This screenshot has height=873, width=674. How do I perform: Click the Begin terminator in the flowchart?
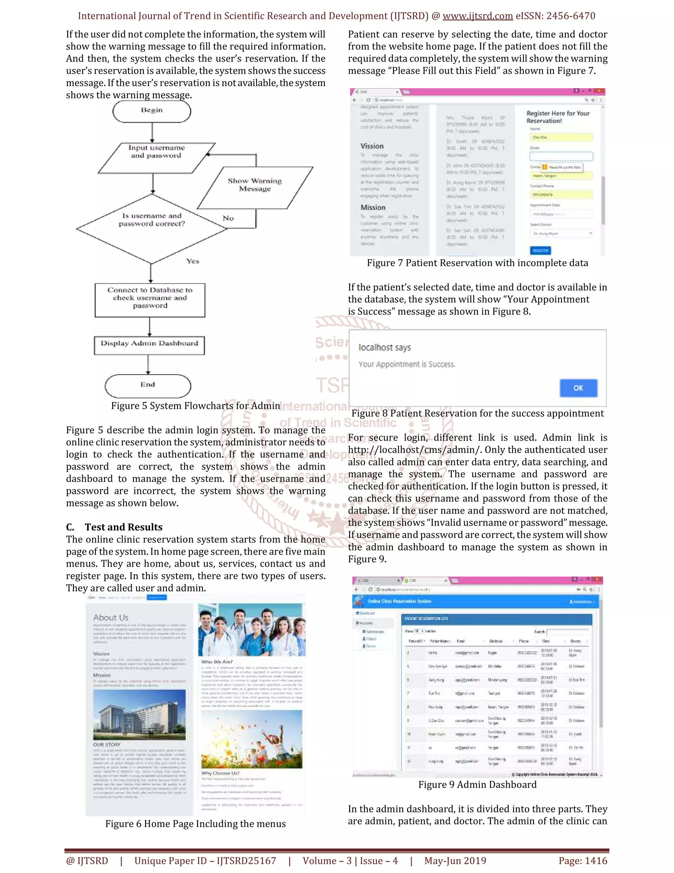click(x=152, y=111)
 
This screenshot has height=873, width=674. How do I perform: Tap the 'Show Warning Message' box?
click(x=255, y=185)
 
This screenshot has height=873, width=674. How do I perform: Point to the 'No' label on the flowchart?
click(x=228, y=218)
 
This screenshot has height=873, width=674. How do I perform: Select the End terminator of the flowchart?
click(x=148, y=385)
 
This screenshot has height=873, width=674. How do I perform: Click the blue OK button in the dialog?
click(x=578, y=388)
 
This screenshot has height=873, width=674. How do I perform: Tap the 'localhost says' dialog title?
click(x=384, y=347)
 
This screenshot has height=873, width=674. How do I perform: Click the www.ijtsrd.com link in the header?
click(x=478, y=16)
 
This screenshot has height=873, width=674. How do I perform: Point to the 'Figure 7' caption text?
click(x=477, y=263)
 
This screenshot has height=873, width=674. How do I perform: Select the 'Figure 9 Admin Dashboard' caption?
click(x=477, y=785)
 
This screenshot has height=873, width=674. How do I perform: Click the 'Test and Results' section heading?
click(x=123, y=527)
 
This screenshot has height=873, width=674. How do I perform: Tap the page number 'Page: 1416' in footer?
click(x=583, y=860)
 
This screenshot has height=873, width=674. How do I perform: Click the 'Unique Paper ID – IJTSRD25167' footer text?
click(x=205, y=860)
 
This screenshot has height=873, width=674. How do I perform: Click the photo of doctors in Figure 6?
click(x=251, y=630)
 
